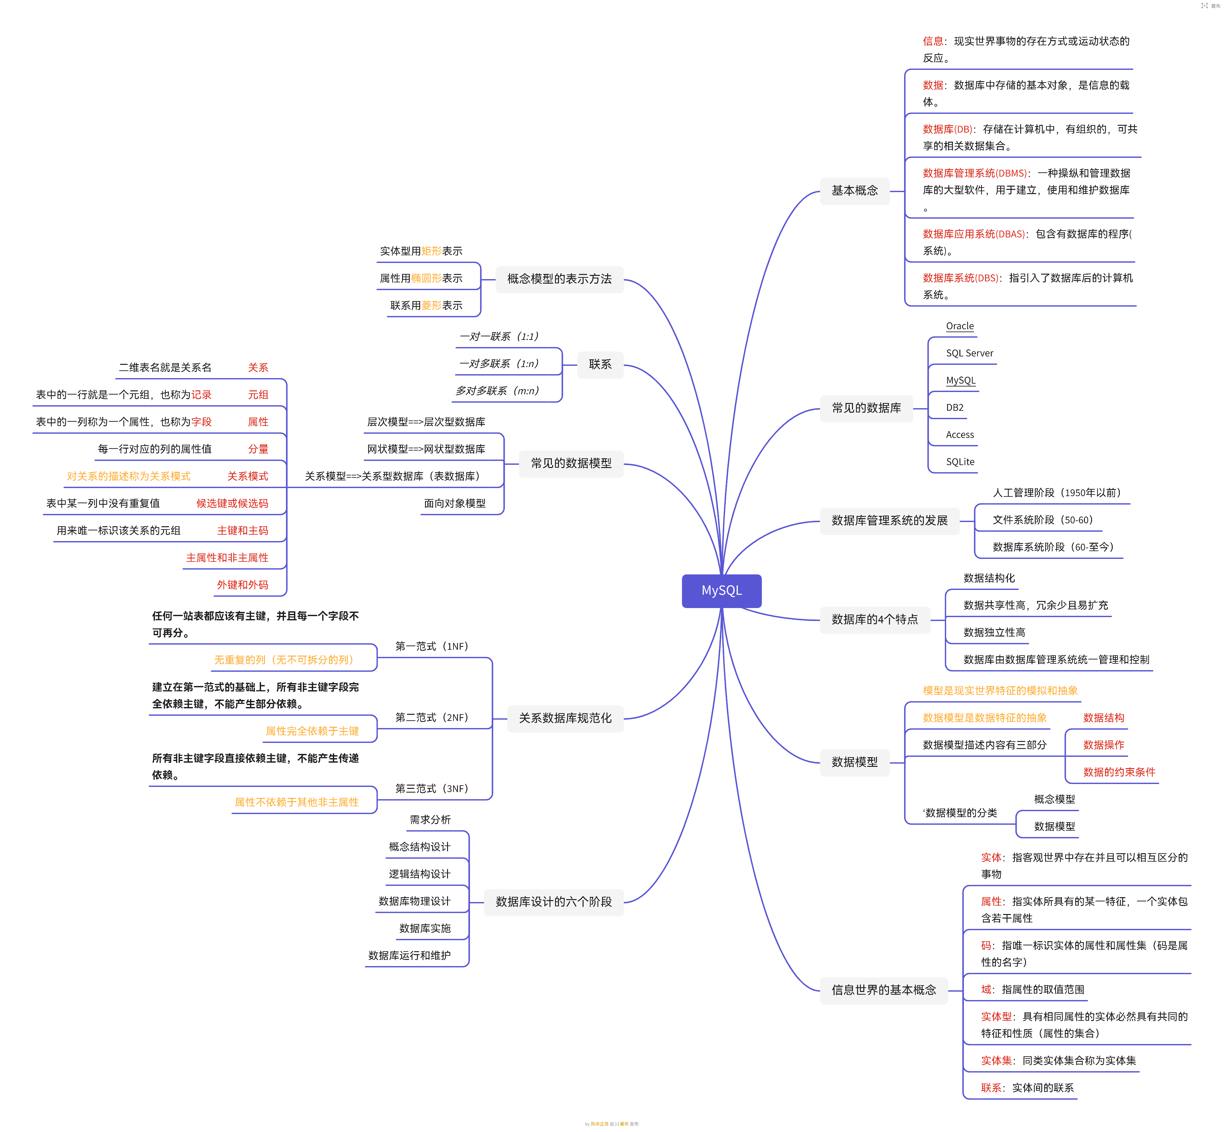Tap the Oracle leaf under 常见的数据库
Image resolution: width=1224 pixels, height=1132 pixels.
959,326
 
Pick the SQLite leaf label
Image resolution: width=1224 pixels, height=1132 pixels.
959,462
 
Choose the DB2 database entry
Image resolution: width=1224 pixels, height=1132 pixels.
955,407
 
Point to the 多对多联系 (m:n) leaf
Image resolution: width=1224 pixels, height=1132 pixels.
497,391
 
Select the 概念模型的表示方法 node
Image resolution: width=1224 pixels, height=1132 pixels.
559,279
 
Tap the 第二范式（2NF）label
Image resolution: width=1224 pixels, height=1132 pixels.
431,717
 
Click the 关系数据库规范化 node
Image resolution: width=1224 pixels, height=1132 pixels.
565,718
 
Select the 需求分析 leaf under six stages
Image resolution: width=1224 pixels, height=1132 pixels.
430,820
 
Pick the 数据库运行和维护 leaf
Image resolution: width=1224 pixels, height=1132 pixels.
409,956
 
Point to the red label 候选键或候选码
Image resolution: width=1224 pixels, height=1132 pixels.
232,504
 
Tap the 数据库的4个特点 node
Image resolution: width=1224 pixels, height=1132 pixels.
874,619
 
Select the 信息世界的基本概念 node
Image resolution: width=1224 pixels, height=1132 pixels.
883,990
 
